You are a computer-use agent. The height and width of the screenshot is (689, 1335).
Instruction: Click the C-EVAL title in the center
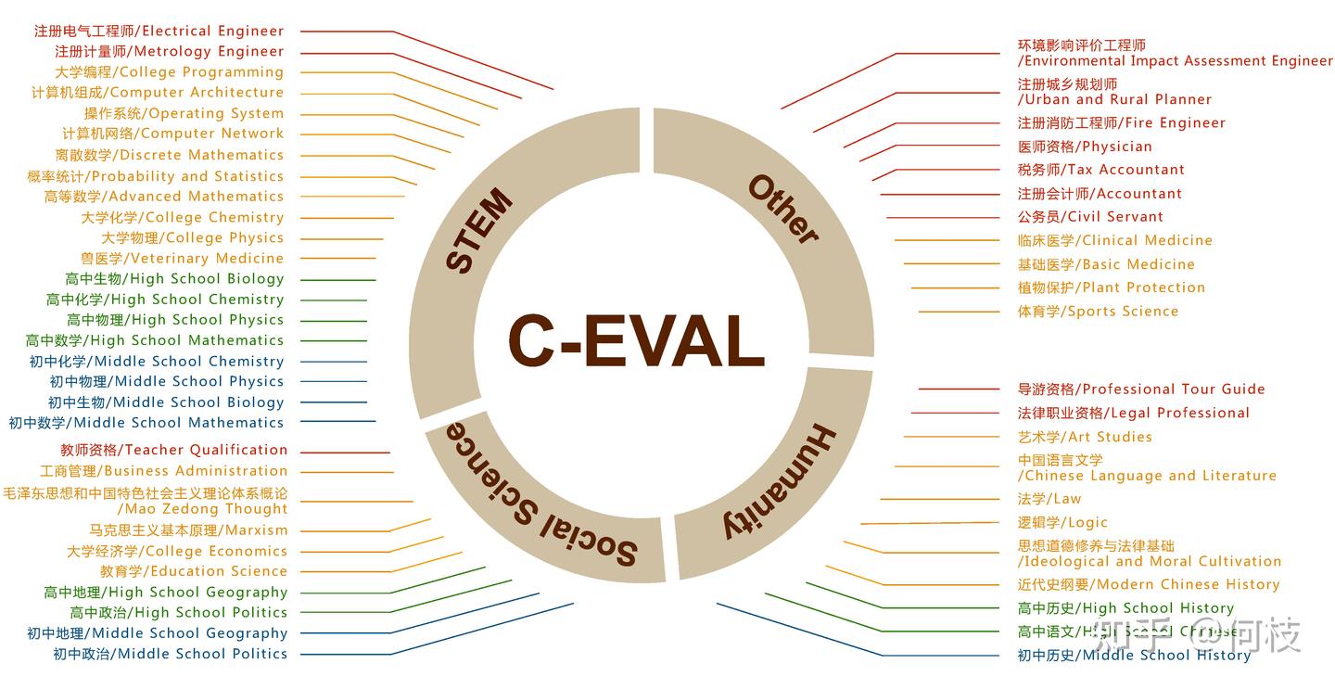click(636, 340)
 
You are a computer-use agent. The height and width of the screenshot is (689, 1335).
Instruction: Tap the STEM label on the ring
click(478, 231)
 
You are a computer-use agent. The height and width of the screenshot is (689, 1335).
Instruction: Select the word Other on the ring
click(782, 209)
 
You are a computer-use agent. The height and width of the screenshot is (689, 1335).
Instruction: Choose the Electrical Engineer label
click(159, 31)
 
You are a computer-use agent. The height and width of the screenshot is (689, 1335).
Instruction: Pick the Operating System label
click(184, 113)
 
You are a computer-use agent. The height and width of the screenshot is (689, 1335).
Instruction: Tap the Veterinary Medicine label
click(182, 259)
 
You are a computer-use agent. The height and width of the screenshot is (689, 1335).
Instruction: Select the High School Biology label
click(174, 279)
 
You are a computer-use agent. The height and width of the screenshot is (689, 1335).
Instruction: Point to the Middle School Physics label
click(166, 381)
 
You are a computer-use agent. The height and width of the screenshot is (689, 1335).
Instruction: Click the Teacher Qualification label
click(174, 450)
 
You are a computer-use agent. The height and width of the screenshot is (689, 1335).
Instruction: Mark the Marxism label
click(188, 530)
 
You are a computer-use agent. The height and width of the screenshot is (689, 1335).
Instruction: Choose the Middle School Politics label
click(170, 654)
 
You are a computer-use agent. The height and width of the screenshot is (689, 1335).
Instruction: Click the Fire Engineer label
click(1121, 122)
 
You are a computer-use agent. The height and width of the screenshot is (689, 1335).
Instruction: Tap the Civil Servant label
click(1090, 217)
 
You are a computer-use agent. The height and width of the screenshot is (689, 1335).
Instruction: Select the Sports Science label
click(1098, 312)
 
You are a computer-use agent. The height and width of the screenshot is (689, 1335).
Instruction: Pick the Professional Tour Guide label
click(1140, 389)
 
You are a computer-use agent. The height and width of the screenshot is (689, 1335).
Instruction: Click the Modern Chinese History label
click(1148, 584)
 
